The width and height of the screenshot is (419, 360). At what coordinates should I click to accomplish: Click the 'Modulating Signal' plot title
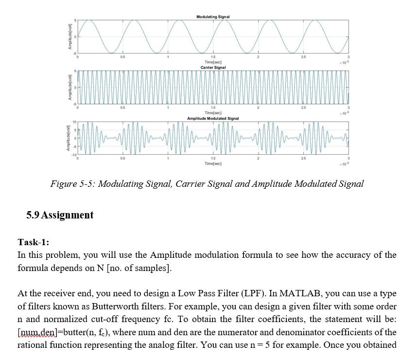pos(213,17)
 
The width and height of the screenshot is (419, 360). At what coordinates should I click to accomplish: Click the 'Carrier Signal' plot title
pos(213,68)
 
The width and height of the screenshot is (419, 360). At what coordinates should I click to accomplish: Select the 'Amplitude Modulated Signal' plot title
pos(213,118)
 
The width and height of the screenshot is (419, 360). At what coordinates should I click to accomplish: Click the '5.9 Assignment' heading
pos(60,215)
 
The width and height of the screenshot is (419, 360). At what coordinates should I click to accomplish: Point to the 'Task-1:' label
pos(34,242)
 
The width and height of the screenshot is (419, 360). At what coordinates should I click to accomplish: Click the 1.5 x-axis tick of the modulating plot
pos(213,58)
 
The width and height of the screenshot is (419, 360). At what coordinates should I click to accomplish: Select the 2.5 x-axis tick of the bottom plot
pos(303,159)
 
